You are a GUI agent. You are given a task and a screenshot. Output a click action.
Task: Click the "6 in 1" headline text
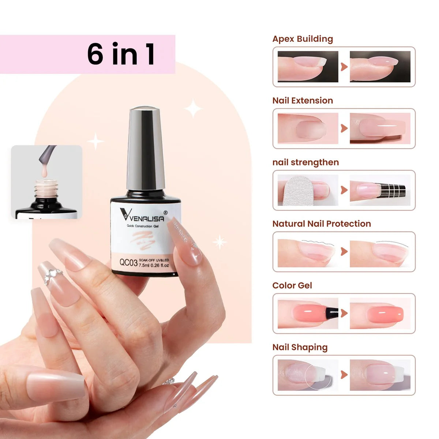(121, 55)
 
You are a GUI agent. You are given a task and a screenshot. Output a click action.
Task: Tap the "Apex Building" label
(303, 39)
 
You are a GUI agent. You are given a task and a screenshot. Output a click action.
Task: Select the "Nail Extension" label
(303, 101)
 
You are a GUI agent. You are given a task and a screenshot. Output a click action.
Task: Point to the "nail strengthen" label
(305, 162)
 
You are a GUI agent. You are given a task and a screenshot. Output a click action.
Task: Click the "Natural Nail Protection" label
(322, 224)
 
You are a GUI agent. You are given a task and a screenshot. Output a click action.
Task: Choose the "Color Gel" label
(292, 285)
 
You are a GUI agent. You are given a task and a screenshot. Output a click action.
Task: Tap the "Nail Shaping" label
(300, 347)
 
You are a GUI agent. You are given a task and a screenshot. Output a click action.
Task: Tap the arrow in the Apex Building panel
(344, 67)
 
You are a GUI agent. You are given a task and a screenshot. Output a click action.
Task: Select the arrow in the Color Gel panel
(344, 313)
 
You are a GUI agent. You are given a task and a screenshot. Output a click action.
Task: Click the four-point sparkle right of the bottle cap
(193, 108)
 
